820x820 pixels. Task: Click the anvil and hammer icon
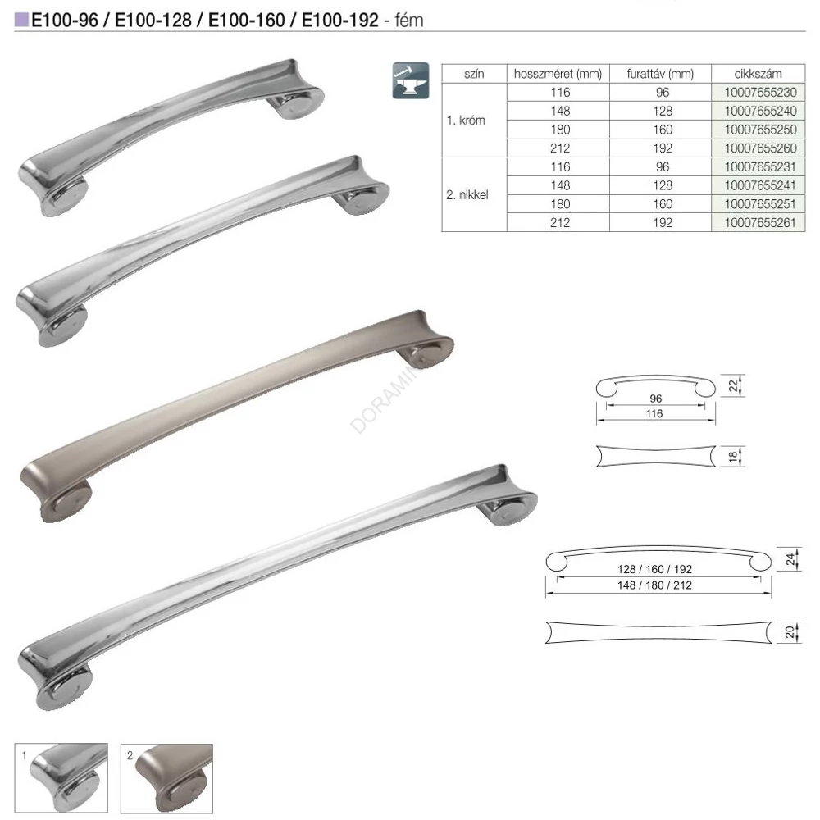[411, 80]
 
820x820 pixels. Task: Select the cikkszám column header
[758, 74]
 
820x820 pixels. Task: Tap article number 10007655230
[760, 93]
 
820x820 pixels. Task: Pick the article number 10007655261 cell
[760, 223]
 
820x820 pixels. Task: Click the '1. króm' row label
[466, 121]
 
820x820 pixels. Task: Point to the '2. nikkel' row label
[467, 195]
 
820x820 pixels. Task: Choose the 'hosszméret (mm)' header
[558, 74]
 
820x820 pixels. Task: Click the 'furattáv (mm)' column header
[660, 74]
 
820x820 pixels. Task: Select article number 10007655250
[760, 130]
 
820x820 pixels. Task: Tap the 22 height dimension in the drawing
[733, 386]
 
